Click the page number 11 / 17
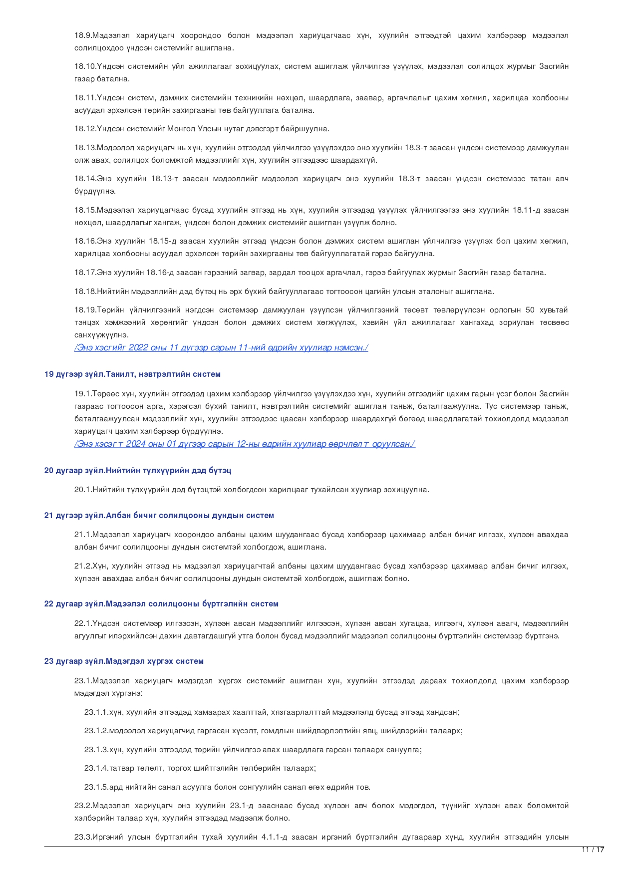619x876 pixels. pos(593,850)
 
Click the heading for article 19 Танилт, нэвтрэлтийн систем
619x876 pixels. pos(132,374)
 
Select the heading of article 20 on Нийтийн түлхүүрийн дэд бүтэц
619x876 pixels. pos(138,471)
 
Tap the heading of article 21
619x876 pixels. pos(159,516)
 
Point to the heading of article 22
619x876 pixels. pos(161,604)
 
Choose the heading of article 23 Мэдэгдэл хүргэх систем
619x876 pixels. pos(124,661)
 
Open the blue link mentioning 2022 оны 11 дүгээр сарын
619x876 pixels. pos(221,348)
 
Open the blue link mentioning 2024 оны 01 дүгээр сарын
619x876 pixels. pos(245,444)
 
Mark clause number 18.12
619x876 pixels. pos(84,129)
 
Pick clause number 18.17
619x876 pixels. pos(84,273)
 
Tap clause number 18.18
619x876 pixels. pos(84,292)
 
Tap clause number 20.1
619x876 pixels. pos(82,490)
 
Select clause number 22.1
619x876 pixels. pos(82,623)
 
